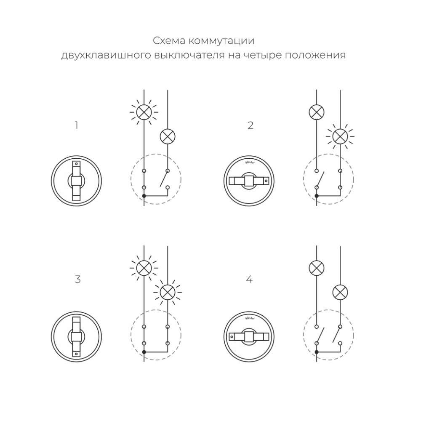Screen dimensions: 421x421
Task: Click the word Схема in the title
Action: (x=169, y=41)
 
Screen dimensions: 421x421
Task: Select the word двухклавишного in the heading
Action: (x=106, y=55)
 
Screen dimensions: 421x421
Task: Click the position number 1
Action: (x=77, y=125)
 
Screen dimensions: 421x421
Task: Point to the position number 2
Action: (x=250, y=125)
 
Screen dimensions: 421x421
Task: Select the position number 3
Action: (x=77, y=280)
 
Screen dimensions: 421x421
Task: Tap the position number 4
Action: (x=249, y=280)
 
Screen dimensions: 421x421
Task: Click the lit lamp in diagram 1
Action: (x=144, y=112)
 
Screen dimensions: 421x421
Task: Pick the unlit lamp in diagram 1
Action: (x=168, y=136)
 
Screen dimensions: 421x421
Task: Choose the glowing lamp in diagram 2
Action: (x=340, y=136)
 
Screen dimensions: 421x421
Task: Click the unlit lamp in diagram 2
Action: (x=317, y=112)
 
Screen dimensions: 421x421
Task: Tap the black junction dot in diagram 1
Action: (x=144, y=196)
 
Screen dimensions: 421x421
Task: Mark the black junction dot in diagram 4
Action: (x=317, y=352)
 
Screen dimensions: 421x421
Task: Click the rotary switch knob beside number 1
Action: (x=76, y=181)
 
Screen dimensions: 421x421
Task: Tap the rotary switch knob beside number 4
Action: (x=249, y=337)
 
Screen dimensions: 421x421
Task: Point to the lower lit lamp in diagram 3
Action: (x=168, y=293)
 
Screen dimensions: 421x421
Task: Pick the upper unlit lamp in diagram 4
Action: (x=317, y=268)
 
